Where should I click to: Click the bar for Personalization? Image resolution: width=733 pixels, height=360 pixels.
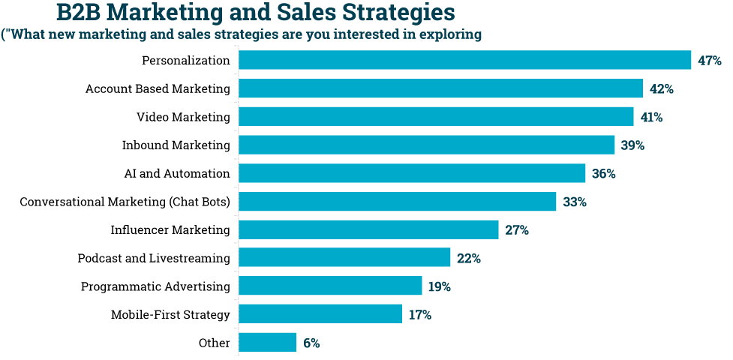coord(464,60)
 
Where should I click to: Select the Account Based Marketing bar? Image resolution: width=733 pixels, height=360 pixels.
coord(440,88)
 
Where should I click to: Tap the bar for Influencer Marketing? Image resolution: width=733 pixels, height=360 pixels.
coord(368,229)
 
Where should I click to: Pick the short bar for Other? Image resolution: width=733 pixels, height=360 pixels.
coord(268,343)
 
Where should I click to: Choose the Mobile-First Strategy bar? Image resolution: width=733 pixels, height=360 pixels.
coord(320,314)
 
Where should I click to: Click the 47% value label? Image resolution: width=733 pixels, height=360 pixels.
coord(709,61)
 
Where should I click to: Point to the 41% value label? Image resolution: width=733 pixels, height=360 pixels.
coord(651,117)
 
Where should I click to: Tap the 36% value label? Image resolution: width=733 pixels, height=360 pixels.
coord(603,174)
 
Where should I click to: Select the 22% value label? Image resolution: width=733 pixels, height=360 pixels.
coord(468,259)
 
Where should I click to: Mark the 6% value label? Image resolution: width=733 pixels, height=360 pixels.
coord(311,343)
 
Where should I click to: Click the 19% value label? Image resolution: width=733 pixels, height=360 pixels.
coord(440,286)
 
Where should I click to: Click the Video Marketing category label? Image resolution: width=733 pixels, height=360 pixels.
coord(183,117)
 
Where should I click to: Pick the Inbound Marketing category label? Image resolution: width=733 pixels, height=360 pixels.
coord(176,145)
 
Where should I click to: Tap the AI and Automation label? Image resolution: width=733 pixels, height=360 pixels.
coord(177,173)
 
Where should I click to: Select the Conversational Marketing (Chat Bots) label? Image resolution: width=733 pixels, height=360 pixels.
coord(125,202)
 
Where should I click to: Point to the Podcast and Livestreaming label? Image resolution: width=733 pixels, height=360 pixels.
coord(154,258)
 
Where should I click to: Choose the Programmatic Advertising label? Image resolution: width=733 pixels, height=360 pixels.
coord(155,286)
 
